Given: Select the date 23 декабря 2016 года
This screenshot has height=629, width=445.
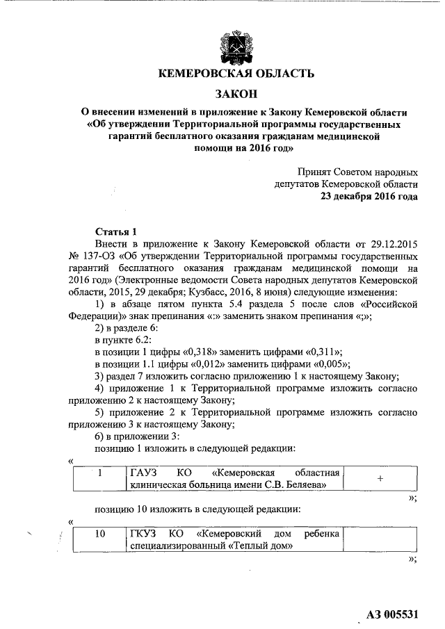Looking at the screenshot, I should tap(369, 197).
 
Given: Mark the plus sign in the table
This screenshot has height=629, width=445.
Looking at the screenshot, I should tap(380, 479).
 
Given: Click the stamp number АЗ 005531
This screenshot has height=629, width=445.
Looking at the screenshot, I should tap(393, 615).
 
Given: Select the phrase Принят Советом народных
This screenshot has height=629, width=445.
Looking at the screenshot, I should tap(357, 172).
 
